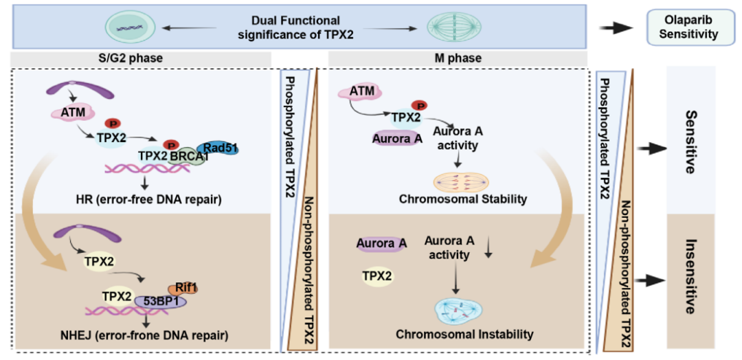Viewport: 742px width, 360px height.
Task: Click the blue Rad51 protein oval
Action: pyautogui.click(x=217, y=148)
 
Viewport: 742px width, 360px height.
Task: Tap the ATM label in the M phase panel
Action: pyautogui.click(x=361, y=91)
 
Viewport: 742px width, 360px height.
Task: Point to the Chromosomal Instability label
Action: pyautogui.click(x=464, y=334)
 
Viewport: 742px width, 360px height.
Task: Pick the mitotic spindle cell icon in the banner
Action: pyautogui.click(x=451, y=28)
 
